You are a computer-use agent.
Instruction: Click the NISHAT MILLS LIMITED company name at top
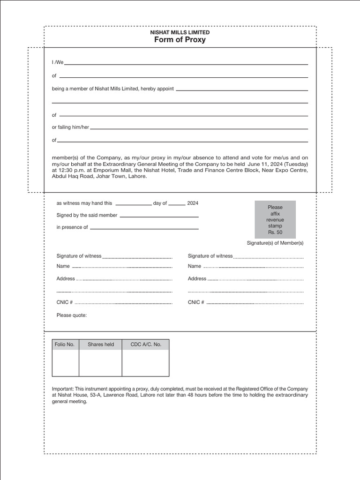[180, 32]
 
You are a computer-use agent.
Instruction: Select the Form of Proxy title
[180, 40]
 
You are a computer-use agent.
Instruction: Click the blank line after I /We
[189, 63]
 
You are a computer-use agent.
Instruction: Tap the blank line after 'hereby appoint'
[241, 90]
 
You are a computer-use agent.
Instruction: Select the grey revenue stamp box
[275, 219]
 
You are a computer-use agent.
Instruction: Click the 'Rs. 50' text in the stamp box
[275, 232]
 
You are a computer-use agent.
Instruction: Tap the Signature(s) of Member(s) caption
[275, 243]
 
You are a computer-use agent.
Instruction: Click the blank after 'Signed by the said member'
[159, 216]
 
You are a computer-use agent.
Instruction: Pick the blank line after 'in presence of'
[144, 228]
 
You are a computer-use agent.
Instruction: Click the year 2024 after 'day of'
[193, 203]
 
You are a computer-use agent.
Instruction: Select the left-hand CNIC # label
[64, 302]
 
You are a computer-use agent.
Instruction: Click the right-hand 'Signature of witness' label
[210, 256]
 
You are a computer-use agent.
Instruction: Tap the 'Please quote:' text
[71, 315]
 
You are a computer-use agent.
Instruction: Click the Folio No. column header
[65, 345]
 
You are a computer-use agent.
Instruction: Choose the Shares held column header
[101, 345]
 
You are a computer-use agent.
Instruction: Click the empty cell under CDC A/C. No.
[145, 363]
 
